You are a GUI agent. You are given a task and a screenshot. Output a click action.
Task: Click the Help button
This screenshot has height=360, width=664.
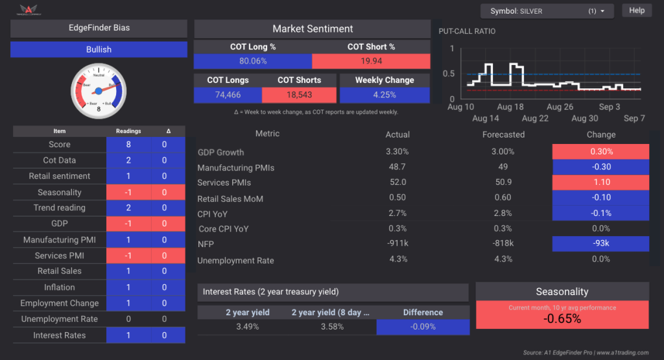point(637,10)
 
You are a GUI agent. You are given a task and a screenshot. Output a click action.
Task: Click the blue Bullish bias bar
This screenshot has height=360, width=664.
point(99,49)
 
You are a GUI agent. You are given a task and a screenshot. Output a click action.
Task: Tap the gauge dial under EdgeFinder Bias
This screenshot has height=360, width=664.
point(99,90)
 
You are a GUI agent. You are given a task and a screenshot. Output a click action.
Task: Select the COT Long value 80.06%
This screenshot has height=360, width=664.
point(253,61)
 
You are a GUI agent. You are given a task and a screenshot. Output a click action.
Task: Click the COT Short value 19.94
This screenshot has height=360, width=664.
point(371,61)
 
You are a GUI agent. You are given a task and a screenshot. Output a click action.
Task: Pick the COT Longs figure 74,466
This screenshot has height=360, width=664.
point(228,95)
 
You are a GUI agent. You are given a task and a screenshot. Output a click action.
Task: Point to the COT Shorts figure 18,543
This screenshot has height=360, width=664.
point(299,95)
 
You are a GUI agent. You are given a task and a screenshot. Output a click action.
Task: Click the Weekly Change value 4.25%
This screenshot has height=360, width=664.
point(385,95)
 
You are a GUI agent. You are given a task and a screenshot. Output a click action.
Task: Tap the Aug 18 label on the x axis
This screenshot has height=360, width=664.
point(510,107)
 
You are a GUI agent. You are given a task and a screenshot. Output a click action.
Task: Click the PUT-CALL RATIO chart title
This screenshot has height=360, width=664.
point(467,31)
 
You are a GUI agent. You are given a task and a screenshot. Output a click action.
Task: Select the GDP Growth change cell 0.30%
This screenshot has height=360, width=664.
point(600,152)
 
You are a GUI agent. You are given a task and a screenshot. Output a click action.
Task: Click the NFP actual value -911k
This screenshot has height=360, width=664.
point(397,244)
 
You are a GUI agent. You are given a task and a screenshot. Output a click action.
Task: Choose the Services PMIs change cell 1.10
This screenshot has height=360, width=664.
point(600,183)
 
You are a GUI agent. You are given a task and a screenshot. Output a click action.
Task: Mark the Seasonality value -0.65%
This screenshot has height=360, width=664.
point(562,318)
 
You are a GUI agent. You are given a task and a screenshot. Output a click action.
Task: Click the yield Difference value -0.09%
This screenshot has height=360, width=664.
point(423,327)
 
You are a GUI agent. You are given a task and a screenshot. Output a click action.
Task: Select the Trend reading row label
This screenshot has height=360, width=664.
point(60,208)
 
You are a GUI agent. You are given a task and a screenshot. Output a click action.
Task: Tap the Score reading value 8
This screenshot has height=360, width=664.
point(129,145)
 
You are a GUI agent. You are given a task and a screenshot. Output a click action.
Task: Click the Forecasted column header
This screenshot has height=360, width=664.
point(503,134)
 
